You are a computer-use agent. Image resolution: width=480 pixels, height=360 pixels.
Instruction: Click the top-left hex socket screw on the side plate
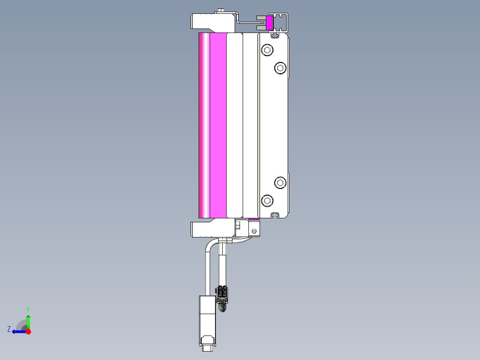[x=267, y=50]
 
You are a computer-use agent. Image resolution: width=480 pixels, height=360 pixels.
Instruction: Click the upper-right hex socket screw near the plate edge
[x=280, y=68]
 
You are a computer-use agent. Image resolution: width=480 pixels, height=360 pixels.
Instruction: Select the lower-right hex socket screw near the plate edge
[x=280, y=182]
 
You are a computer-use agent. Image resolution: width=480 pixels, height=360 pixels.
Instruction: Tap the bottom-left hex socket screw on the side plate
[x=267, y=200]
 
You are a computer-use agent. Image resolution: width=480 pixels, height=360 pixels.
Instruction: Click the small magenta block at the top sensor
[x=269, y=23]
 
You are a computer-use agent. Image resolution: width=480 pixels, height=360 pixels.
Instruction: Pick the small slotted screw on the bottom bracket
[x=254, y=231]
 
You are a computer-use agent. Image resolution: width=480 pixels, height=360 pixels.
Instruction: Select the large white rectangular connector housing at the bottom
[x=207, y=316]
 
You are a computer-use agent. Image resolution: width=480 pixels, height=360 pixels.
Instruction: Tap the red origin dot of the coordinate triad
[x=28, y=331]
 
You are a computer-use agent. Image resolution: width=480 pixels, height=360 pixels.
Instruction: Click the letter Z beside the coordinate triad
[x=9, y=329]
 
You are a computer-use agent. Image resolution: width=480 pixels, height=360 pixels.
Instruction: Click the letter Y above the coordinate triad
[x=28, y=309]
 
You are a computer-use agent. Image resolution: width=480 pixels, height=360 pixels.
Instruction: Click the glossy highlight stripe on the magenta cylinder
[x=206, y=125]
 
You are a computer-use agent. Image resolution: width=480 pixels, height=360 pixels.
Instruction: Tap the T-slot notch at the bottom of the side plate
[x=276, y=215]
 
